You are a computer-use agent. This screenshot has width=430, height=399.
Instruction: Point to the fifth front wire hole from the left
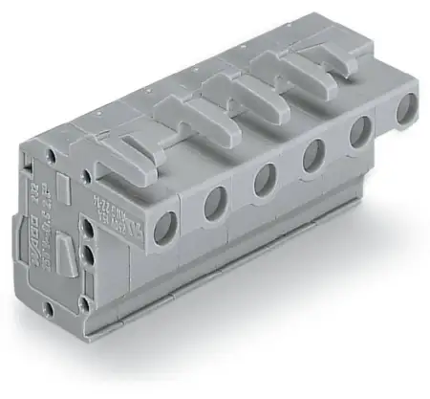pos(359,132)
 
